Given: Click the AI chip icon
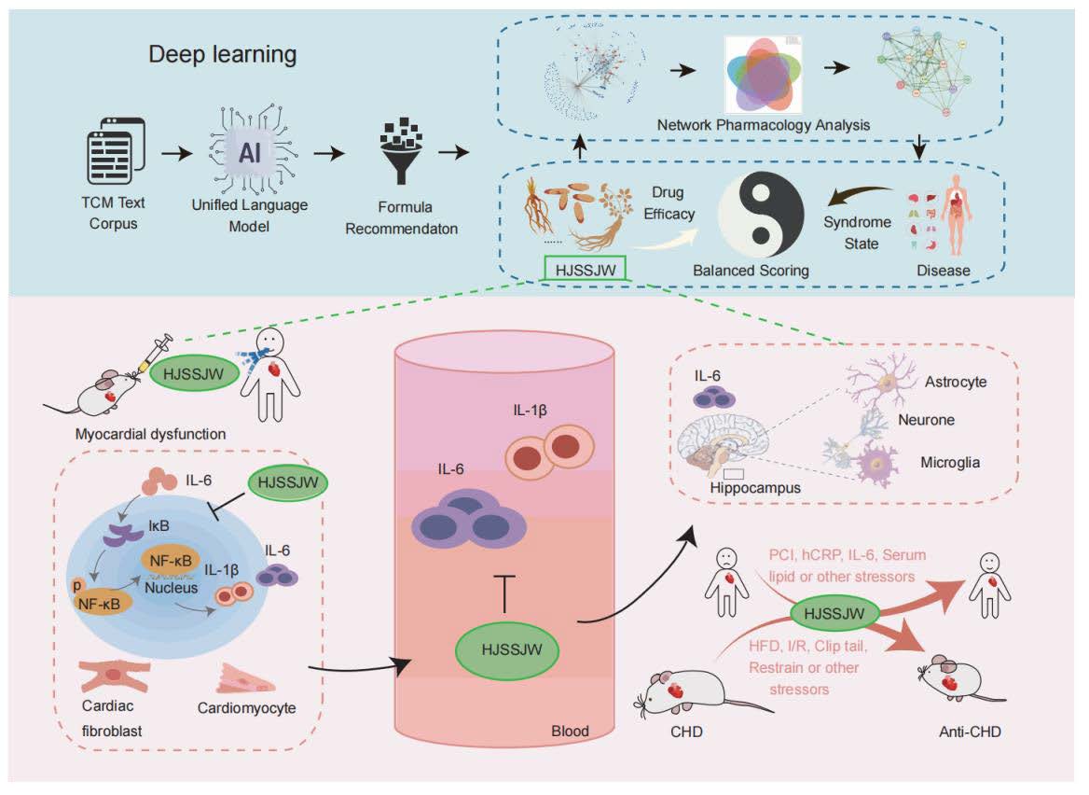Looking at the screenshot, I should click(x=250, y=154).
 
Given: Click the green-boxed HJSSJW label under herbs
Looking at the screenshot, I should click(x=586, y=270).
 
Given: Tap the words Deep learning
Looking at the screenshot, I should click(x=223, y=54).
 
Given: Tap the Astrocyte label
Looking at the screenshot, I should click(x=956, y=383).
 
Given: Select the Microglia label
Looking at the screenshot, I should click(x=951, y=463).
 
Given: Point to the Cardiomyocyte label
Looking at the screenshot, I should click(x=246, y=708).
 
